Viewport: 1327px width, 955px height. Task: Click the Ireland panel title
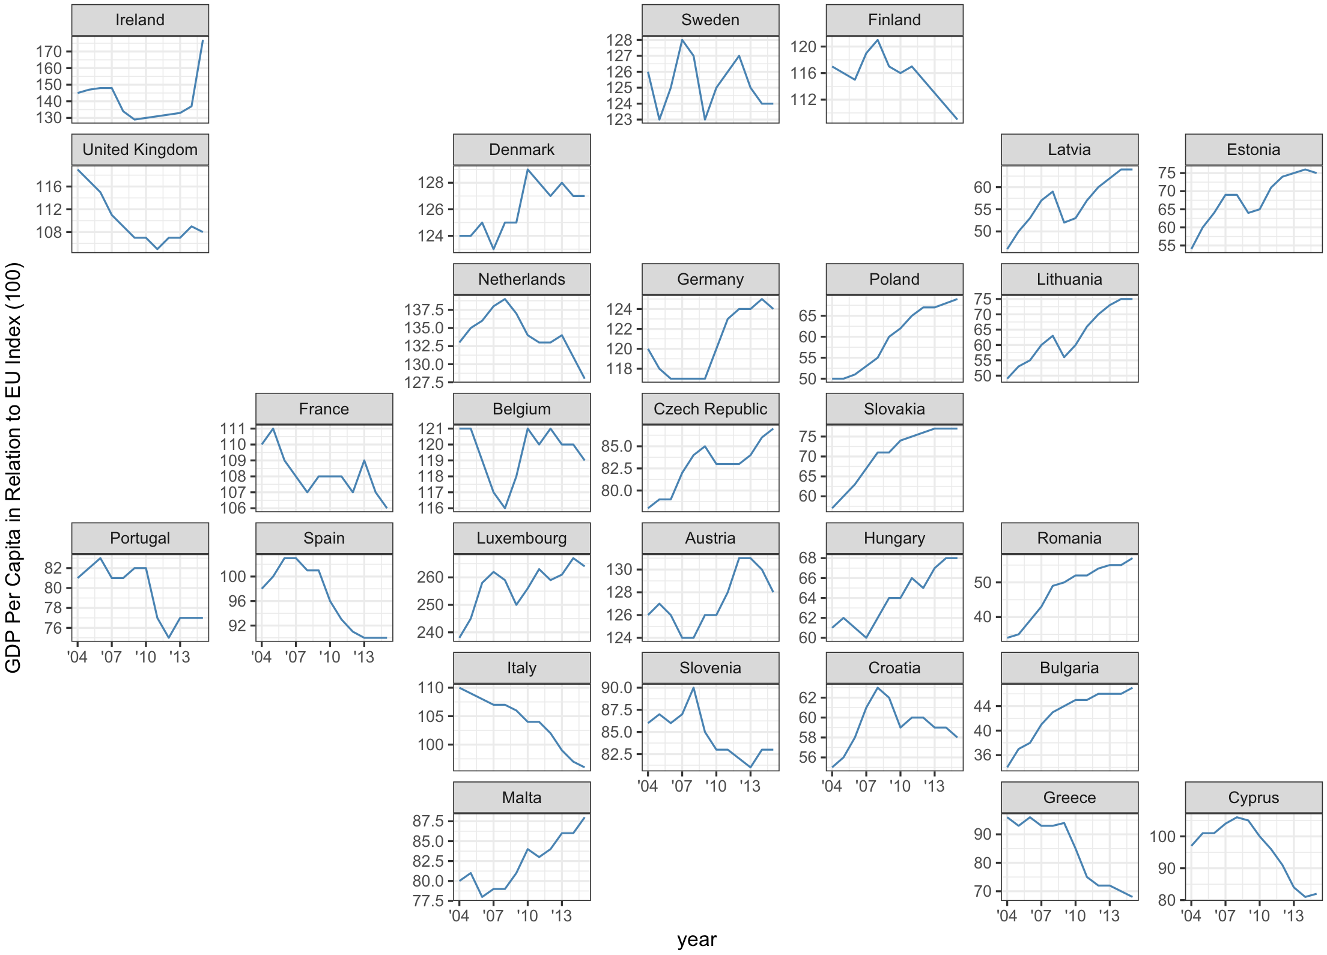[140, 20]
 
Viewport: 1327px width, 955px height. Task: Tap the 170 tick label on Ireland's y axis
[49, 52]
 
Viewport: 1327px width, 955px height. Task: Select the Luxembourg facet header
[521, 538]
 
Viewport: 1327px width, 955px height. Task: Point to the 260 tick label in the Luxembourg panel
[430, 577]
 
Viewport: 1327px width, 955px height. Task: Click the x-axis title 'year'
[697, 939]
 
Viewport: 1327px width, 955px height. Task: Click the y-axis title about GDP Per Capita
[13, 467]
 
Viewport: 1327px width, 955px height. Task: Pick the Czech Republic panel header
[710, 409]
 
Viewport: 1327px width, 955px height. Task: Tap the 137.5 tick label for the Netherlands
[424, 310]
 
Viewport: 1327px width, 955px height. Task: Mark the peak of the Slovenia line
[694, 688]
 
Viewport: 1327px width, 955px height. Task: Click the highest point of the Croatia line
[878, 688]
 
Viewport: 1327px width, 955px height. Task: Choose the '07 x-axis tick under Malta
[493, 916]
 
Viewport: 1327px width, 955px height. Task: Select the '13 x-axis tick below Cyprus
[1293, 916]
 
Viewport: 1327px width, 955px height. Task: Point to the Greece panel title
[1069, 798]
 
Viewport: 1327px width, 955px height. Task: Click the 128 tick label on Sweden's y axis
[620, 40]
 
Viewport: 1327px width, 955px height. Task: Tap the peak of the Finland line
[878, 40]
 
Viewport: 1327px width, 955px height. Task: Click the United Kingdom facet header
[140, 150]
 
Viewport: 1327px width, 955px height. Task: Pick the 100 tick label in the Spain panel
[233, 577]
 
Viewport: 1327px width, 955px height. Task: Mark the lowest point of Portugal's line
[169, 638]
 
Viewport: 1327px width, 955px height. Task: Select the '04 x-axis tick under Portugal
[77, 657]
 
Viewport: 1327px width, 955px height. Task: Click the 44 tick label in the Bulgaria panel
[982, 706]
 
